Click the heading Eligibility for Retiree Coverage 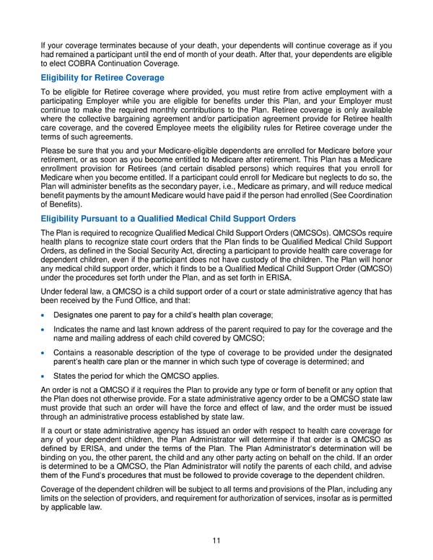point(102,77)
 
